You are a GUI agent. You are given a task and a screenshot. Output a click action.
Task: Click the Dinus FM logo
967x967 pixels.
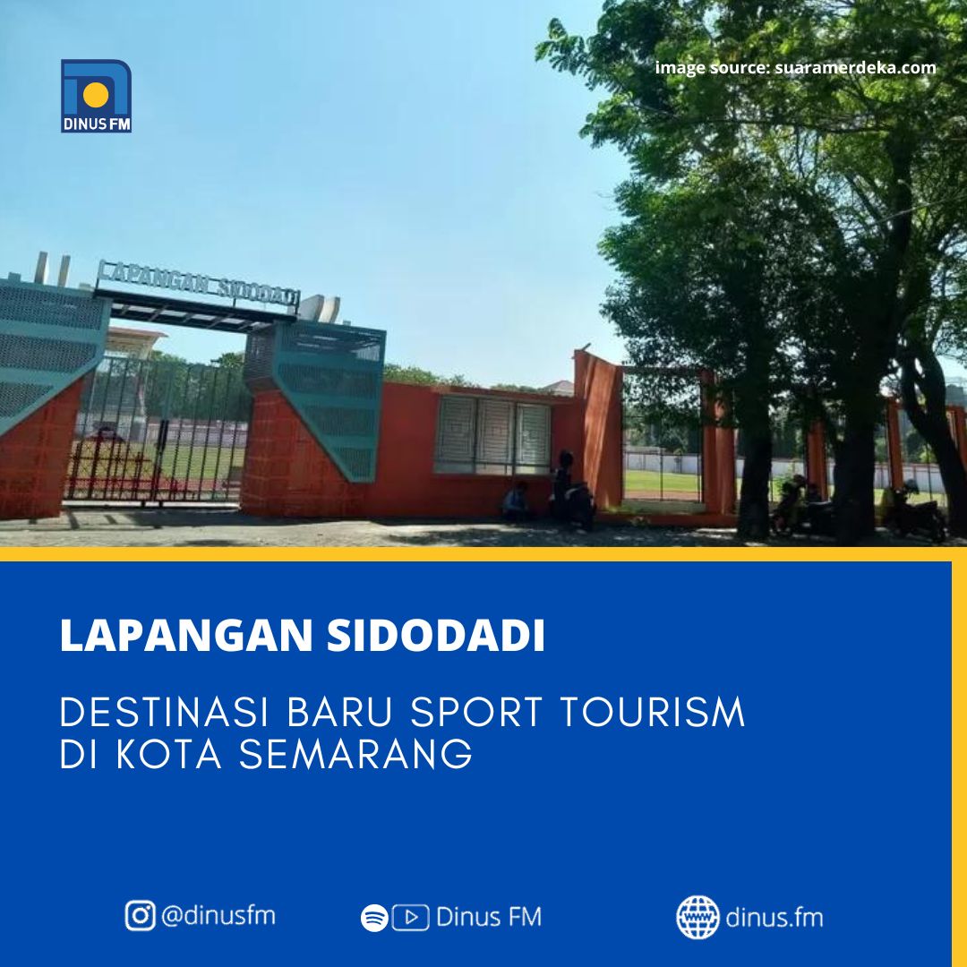96,96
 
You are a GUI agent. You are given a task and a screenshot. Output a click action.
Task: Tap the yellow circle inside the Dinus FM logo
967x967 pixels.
96,94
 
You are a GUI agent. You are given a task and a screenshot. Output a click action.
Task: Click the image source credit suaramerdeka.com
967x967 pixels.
795,67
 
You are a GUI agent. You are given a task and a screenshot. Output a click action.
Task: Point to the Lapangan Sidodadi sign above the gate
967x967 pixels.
198,283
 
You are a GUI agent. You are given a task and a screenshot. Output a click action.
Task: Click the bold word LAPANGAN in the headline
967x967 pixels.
186,635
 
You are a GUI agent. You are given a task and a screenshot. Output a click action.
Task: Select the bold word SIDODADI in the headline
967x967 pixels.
436,635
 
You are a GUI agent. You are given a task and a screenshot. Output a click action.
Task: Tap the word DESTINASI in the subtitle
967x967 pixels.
165,713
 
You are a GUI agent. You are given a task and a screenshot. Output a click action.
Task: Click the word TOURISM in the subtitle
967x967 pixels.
653,713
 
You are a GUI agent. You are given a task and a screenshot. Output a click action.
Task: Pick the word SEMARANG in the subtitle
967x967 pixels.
355,754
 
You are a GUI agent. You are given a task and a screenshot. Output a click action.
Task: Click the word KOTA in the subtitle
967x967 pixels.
169,754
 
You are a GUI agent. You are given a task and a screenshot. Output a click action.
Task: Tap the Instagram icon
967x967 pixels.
140,915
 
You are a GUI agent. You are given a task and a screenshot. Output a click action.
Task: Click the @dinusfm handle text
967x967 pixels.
218,916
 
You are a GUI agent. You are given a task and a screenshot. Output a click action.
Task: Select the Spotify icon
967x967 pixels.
374,918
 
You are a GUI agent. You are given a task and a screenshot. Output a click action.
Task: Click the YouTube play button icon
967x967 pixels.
411,918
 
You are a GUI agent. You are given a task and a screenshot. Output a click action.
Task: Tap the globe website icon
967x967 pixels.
697,918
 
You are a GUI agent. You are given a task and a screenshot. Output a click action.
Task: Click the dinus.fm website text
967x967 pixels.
774,918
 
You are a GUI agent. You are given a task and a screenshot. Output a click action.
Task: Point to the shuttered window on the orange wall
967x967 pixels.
492,434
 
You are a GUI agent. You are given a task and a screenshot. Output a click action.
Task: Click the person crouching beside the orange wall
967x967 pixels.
516,502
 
